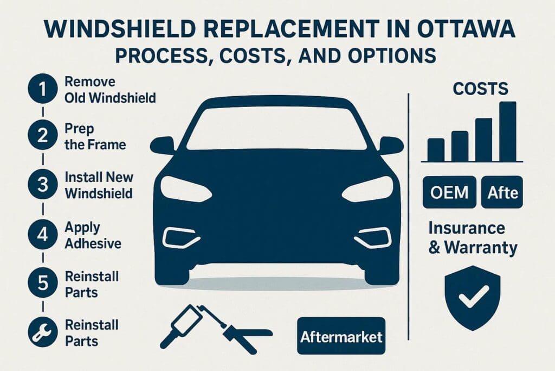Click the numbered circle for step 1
point(42,89)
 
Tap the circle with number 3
point(42,185)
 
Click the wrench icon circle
point(42,332)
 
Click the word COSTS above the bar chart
point(480,89)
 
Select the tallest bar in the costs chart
point(508,131)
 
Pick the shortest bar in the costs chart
point(436,150)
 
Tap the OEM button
point(449,192)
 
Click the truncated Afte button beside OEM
point(502,192)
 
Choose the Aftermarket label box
point(341,336)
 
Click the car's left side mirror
point(163,146)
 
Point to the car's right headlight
point(368,188)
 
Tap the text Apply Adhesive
point(93,235)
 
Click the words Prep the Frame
point(95,136)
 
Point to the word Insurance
point(467,228)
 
